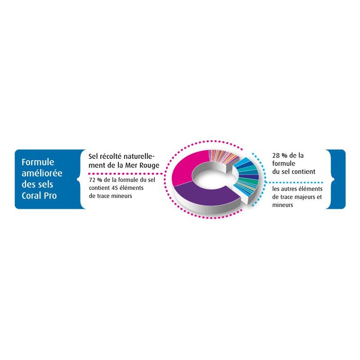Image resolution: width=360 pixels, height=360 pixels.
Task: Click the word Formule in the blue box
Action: pyautogui.click(x=38, y=162)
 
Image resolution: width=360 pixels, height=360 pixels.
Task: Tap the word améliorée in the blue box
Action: pyautogui.click(x=42, y=173)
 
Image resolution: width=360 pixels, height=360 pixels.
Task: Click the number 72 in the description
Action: pyautogui.click(x=92, y=180)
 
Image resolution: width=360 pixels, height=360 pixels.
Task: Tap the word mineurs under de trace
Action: pyautogui.click(x=121, y=196)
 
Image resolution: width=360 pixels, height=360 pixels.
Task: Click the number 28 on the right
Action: pyautogui.click(x=276, y=156)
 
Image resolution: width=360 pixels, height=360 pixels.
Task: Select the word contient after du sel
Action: pyautogui.click(x=304, y=172)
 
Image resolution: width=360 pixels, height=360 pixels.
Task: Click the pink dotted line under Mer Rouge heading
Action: pyautogui.click(x=126, y=174)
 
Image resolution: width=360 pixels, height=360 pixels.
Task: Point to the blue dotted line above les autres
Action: pyautogui.click(x=294, y=183)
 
